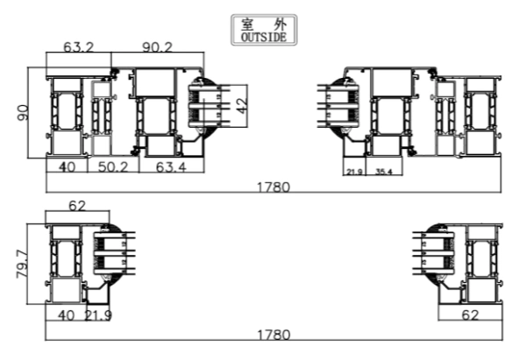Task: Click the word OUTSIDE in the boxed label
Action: coord(264,37)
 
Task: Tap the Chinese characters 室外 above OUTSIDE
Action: coord(264,25)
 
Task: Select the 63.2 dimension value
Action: coord(79,46)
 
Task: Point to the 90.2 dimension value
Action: coord(157,46)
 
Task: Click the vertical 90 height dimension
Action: coord(23,113)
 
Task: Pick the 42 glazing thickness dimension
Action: coord(242,105)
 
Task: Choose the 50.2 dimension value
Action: coord(113,166)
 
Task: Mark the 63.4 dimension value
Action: coord(171,166)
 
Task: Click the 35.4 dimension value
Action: coord(384,172)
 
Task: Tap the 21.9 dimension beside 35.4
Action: coord(354,172)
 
